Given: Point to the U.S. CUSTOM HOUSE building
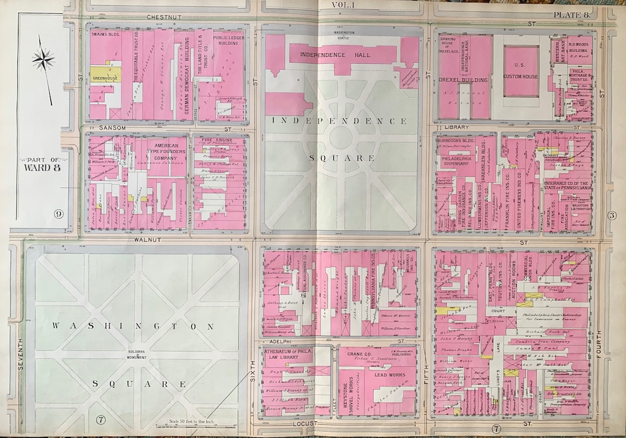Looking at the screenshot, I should click(521, 72).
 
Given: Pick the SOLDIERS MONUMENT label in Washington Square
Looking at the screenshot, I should click(137, 354).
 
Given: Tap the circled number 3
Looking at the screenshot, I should click(612, 216).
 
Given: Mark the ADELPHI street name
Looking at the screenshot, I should click(274, 342).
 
